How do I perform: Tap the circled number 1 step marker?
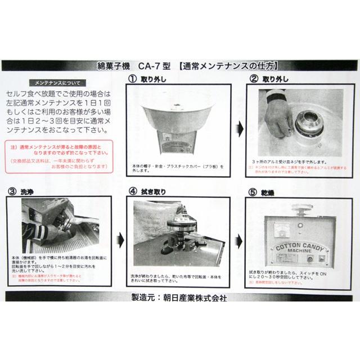point(133,78)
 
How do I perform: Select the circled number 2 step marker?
point(254,78)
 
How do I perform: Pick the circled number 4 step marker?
point(133,190)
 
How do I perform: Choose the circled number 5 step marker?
point(254,190)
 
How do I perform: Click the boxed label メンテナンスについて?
point(57,82)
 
